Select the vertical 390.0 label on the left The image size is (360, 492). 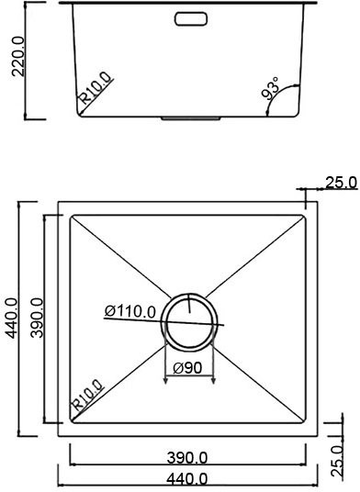pyautogui.click(x=37, y=318)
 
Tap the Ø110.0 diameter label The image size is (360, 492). pyautogui.click(x=129, y=311)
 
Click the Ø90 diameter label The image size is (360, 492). pyautogui.click(x=188, y=369)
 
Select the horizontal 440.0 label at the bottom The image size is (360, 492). pyautogui.click(x=188, y=478)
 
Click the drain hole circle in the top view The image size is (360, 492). pyautogui.click(x=190, y=320)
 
